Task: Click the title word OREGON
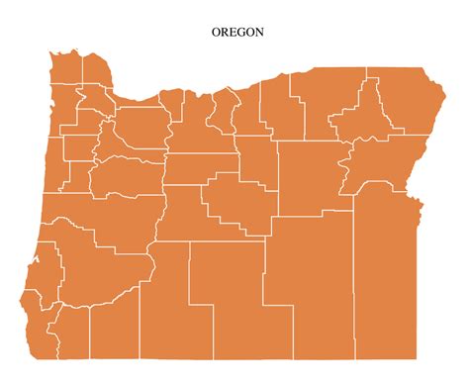click(237, 32)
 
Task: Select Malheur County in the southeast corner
click(386, 277)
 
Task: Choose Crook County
click(237, 203)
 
